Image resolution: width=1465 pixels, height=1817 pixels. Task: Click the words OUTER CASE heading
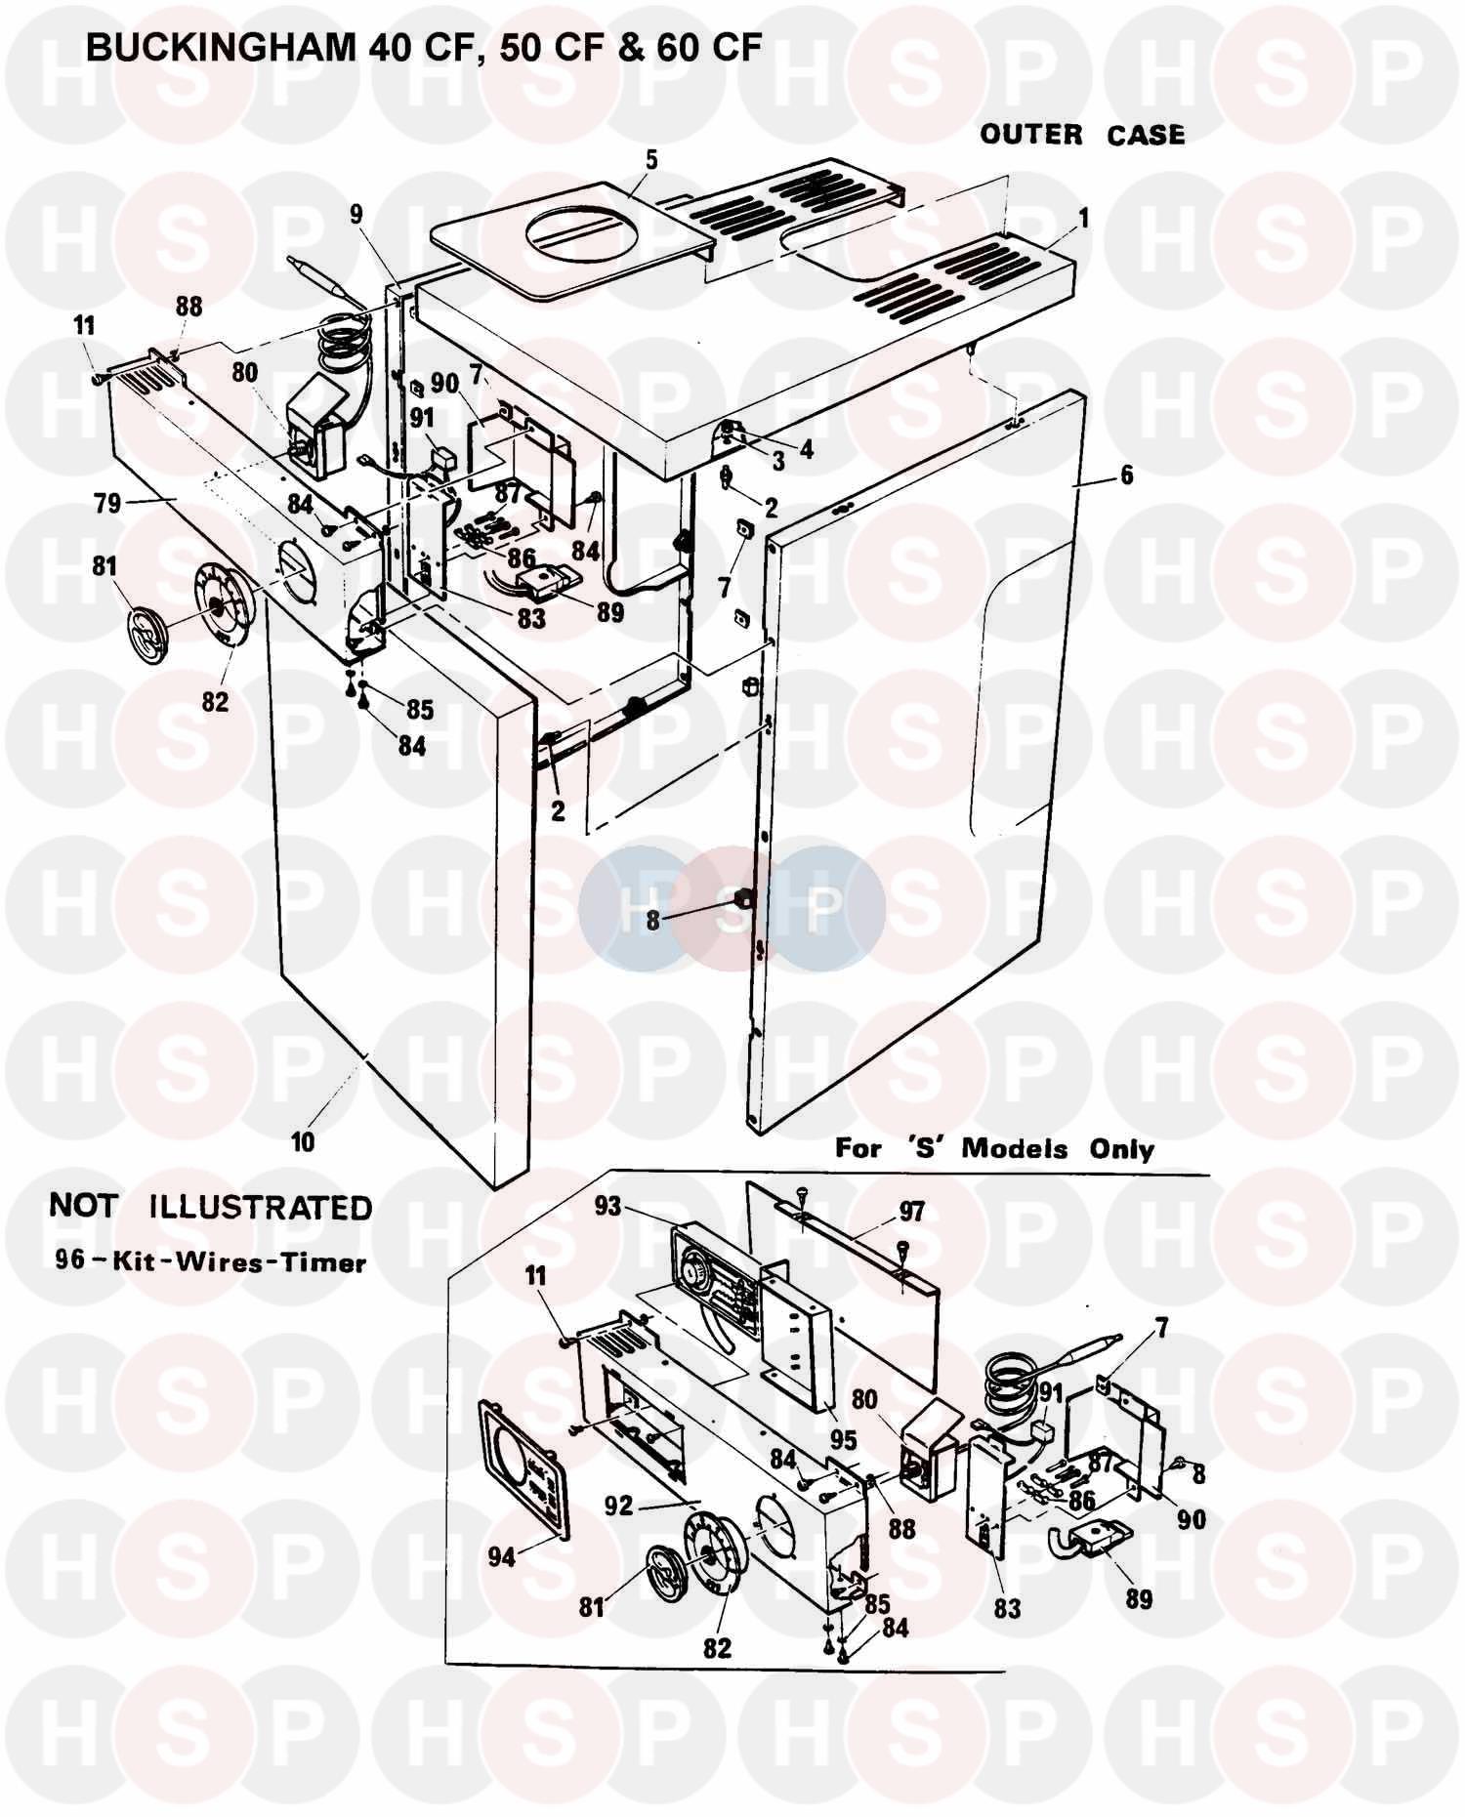1082,134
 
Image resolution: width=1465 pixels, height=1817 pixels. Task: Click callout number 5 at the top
651,160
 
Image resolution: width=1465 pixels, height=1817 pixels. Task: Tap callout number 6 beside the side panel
1127,476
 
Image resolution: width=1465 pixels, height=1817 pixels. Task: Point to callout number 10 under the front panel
303,1140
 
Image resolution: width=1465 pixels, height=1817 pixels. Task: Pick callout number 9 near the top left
356,214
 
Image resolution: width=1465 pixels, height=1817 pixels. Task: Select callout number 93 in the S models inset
607,1207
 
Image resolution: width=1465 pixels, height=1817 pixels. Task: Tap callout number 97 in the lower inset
911,1213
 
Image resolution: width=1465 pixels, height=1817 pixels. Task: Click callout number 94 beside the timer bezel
502,1555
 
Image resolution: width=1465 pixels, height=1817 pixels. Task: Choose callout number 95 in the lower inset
843,1440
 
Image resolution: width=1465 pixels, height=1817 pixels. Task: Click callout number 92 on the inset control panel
619,1507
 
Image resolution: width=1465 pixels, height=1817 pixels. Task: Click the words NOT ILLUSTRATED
211,1208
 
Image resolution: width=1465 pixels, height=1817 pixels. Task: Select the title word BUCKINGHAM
221,46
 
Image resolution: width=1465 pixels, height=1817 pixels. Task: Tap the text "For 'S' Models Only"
994,1148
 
